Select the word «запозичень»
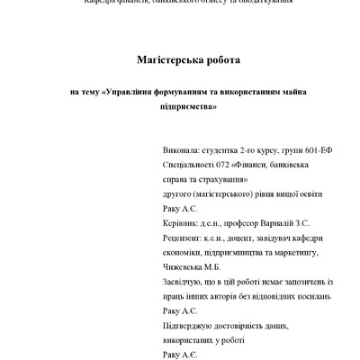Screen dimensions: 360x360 coord(298,282)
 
